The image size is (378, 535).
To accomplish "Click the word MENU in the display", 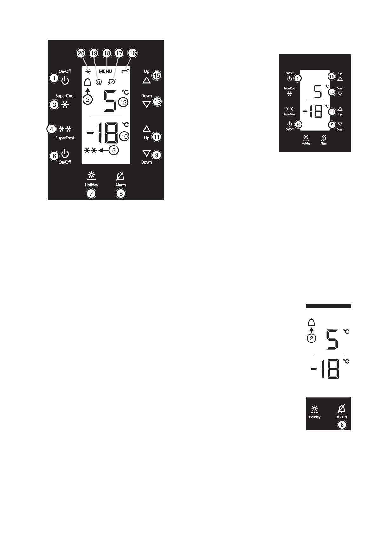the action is click(105, 71).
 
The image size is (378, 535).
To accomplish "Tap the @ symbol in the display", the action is click(99, 82).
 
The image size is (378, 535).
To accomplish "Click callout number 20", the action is click(81, 53).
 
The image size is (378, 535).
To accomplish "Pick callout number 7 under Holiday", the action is click(91, 193).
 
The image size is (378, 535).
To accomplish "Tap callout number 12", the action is click(123, 102).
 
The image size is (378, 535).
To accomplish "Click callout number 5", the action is click(114, 151).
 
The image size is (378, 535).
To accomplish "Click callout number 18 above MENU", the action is click(107, 53).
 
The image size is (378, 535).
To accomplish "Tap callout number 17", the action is click(119, 53).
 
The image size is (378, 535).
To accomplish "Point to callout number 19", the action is click(94, 53).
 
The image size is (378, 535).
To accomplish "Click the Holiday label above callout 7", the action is click(91, 185).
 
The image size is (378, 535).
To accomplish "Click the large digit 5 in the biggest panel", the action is click(109, 101).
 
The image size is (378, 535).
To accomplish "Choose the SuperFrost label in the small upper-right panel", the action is click(289, 114).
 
